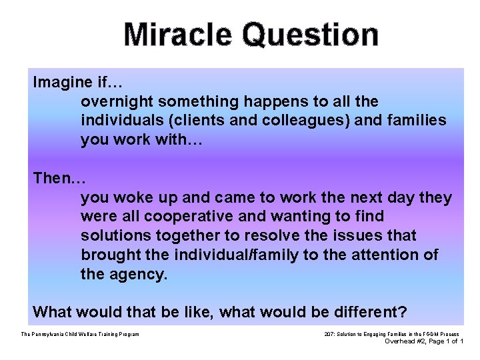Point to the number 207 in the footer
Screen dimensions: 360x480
329,334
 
